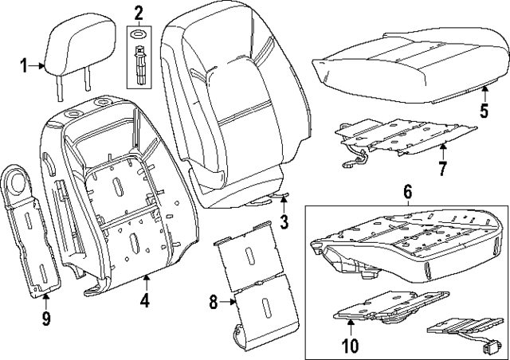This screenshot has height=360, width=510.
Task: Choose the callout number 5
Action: pos(484,111)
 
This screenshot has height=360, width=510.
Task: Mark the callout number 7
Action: pos(443,168)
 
